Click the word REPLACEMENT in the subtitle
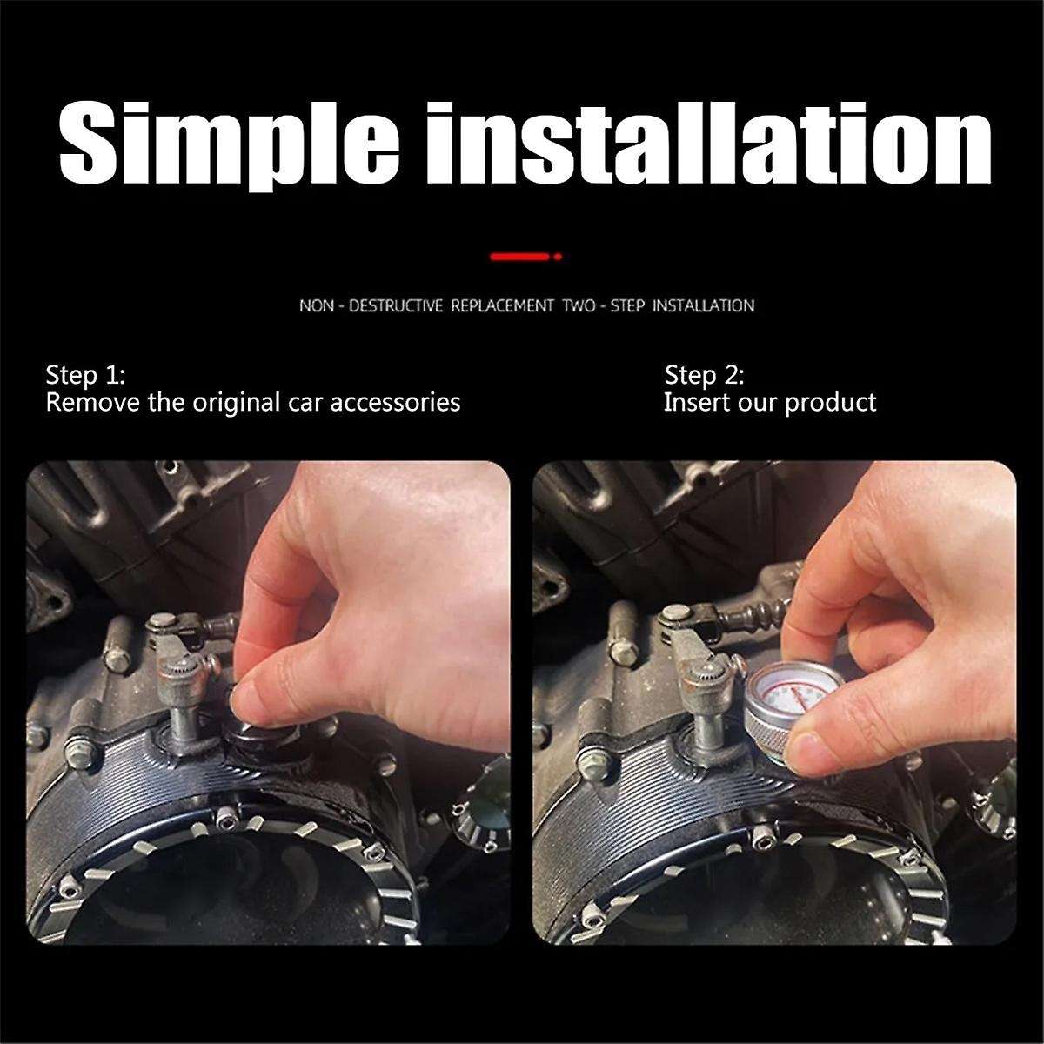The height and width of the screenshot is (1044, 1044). pyautogui.click(x=502, y=306)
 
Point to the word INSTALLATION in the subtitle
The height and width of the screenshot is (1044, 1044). pyautogui.click(x=703, y=306)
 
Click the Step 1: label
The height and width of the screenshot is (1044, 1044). pyautogui.click(x=85, y=376)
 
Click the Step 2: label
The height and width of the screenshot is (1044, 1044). pyautogui.click(x=704, y=376)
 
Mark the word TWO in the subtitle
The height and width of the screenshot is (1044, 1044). pyautogui.click(x=579, y=306)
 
